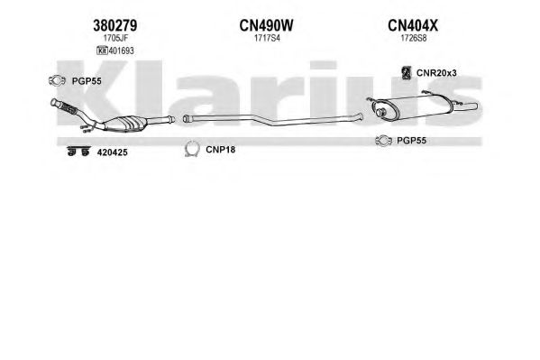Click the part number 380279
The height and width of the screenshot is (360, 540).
click(x=115, y=25)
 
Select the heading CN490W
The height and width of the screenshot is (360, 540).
click(x=266, y=25)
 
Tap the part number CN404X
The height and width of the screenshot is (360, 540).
click(x=413, y=25)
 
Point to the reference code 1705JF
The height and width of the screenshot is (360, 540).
click(x=115, y=38)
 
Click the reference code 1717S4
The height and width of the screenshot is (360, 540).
click(x=267, y=38)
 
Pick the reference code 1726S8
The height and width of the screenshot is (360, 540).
click(x=413, y=38)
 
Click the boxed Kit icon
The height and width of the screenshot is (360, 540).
click(x=102, y=51)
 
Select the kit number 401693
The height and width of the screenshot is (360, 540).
click(x=121, y=51)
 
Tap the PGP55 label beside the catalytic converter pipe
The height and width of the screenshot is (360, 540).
click(x=87, y=81)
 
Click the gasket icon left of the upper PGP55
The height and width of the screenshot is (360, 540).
click(x=57, y=80)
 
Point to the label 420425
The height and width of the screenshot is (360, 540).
click(x=113, y=152)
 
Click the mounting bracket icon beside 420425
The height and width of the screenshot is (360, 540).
click(x=78, y=152)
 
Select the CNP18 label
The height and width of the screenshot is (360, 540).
click(x=220, y=149)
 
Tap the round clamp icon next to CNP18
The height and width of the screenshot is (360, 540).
click(x=192, y=150)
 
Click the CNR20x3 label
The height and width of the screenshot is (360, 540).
click(x=436, y=73)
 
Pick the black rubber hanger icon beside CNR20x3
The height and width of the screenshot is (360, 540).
click(x=407, y=72)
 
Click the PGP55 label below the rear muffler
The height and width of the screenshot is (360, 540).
click(x=412, y=141)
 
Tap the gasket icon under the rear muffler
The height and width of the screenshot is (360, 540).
click(x=384, y=141)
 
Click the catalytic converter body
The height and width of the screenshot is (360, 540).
click(x=125, y=124)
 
